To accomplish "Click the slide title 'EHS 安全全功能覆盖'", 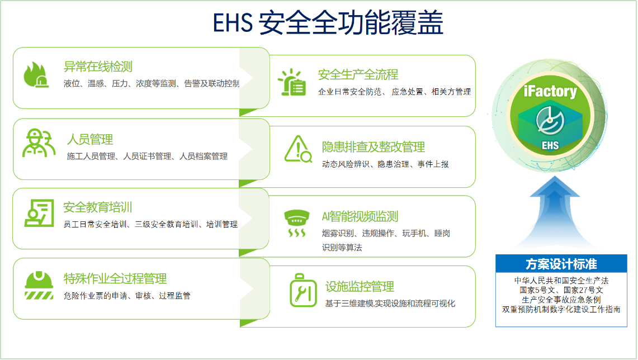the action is tap(328, 23).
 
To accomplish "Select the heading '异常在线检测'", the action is tap(98, 67).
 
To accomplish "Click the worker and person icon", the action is tap(39, 143).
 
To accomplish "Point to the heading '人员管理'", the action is tap(90, 140).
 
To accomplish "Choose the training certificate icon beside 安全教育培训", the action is tap(39, 213).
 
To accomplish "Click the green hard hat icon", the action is tap(39, 285).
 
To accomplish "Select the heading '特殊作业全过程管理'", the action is tap(115, 278).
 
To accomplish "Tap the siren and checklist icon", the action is tap(292, 82).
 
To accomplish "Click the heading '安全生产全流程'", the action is tap(358, 74).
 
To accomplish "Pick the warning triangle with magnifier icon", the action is tap(298, 149).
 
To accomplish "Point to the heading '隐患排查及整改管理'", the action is tap(374, 147).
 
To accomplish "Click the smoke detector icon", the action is tap(296, 223).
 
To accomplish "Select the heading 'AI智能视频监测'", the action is tap(360, 216).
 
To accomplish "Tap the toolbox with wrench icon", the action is tap(303, 290).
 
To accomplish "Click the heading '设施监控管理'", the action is tap(360, 286).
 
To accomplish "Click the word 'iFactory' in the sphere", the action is tap(550, 91).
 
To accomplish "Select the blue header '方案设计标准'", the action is tap(561, 264).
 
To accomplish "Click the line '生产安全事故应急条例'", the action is tap(561, 300).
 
